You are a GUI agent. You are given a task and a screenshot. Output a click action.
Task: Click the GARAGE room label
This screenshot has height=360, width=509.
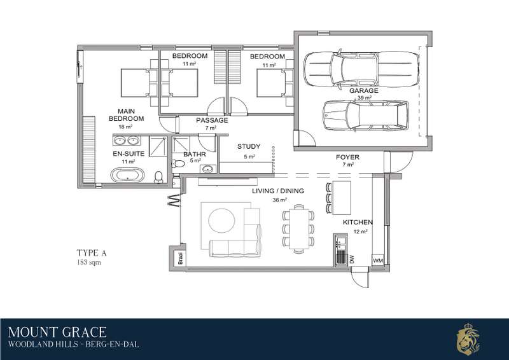pos(363,90)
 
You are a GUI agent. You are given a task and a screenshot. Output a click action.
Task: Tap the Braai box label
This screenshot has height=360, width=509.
pos(181,258)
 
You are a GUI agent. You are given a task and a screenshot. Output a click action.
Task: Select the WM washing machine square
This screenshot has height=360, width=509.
pos(377,260)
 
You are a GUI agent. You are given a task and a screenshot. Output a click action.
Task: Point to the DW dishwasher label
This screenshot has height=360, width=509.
pos(352,259)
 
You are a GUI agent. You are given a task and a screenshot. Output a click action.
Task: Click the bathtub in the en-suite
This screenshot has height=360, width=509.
pos(128,175)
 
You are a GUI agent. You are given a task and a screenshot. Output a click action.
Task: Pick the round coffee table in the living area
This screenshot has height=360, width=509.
pos(221,221)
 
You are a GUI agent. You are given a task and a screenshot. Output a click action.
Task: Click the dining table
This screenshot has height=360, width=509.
pos(299,228)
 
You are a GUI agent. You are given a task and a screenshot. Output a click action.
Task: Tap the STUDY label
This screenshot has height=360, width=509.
pos(249,146)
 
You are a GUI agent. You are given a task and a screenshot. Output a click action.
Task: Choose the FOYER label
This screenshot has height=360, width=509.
pos(347,157)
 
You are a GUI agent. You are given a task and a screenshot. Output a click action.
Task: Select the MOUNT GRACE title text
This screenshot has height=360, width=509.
pos(57,333)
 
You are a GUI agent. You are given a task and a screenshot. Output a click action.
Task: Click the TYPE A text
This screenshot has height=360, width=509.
pos(92,253)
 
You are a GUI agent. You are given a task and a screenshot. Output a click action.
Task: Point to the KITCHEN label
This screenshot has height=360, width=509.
pos(358,223)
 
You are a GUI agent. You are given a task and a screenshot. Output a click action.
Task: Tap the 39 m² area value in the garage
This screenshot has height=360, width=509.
pos(365,98)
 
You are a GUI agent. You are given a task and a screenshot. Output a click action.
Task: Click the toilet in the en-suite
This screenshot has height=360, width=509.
pos(158,177)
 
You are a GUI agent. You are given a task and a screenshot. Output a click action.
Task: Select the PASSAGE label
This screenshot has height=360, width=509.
pos(212,120)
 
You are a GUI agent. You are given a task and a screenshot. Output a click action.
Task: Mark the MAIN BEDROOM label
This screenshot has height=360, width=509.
pos(126,115)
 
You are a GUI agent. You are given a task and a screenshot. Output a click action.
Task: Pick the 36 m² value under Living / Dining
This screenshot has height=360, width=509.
pos(279,200)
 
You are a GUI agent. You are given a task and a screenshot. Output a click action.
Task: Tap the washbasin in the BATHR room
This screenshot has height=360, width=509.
pos(208,169)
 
